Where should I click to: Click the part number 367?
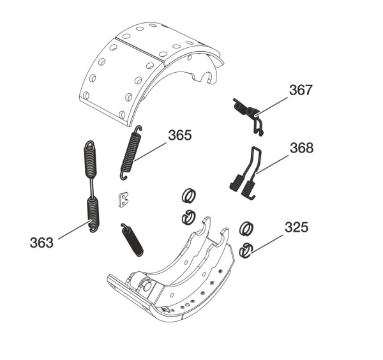click(x=301, y=90)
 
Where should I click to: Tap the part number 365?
click(x=180, y=135)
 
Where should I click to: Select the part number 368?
click(x=301, y=147)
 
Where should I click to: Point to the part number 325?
click(x=296, y=227)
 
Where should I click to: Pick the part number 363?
click(x=41, y=243)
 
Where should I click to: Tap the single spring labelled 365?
click(x=131, y=152)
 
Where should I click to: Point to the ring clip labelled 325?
click(x=246, y=250)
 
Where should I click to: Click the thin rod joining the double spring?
click(x=92, y=187)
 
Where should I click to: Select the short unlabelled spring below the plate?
click(x=132, y=240)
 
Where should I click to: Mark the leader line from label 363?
click(x=75, y=229)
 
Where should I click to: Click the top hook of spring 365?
click(x=138, y=129)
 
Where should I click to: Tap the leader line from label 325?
click(x=266, y=245)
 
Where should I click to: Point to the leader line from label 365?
click(x=150, y=152)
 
